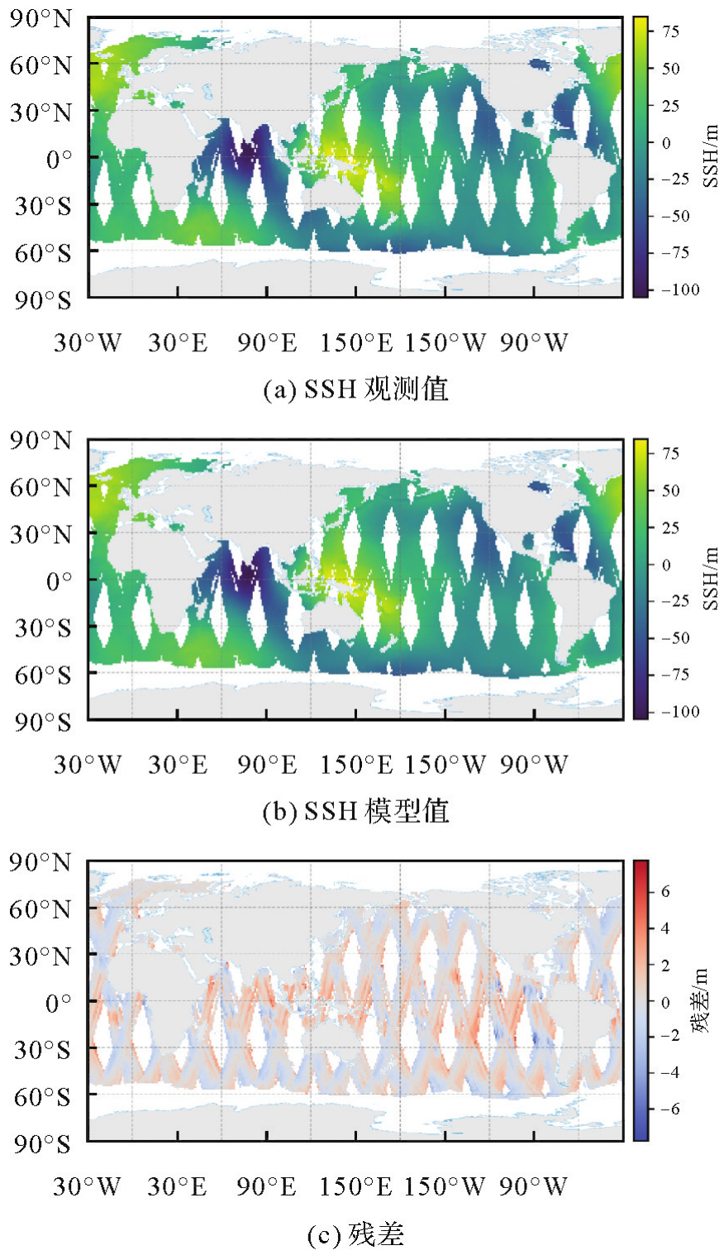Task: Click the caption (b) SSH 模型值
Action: click(355, 811)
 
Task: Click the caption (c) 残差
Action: click(355, 1235)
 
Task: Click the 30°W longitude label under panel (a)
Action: click(88, 343)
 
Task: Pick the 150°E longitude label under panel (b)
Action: click(355, 765)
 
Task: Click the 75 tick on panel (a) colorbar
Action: click(669, 31)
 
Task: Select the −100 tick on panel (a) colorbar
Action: click(676, 289)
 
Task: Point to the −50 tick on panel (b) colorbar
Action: click(676, 638)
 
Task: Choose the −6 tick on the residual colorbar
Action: click(670, 1109)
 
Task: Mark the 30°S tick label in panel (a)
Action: click(42, 204)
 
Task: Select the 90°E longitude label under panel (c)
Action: click(266, 1187)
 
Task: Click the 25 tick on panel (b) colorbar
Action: click(670, 527)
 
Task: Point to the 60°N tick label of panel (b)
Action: click(41, 488)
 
